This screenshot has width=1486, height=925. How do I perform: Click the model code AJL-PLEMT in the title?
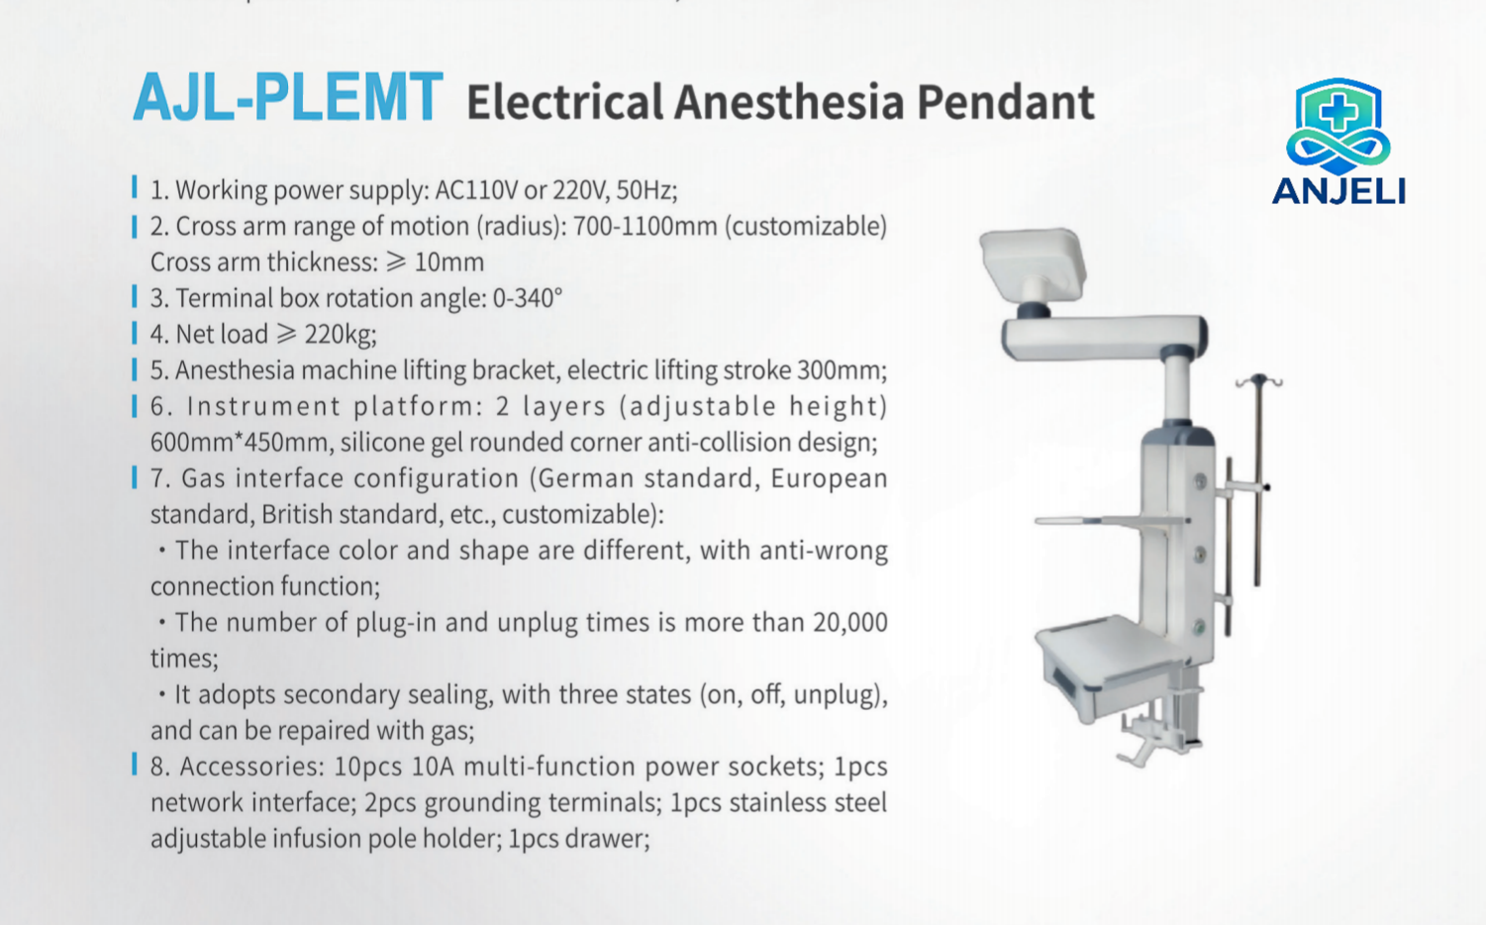pos(288,97)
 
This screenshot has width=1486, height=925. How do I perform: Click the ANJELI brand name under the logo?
pos(1338,191)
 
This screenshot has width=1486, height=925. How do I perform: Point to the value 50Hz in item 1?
pos(646,190)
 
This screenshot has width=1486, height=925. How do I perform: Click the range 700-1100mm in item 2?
pos(644,226)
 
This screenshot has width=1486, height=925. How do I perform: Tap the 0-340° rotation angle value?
pos(528,299)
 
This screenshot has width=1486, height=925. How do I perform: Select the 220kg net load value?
pos(341,335)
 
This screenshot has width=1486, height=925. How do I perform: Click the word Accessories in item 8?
pos(252,767)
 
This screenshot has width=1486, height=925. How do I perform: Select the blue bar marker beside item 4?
pos(135,333)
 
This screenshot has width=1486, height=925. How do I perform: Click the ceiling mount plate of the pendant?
pos(1033,260)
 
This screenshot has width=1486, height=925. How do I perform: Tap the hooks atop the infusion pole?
pos(1258,381)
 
